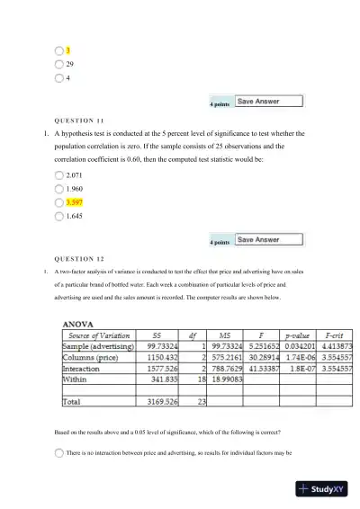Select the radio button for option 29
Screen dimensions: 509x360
tap(59, 64)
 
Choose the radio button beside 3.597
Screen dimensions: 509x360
tap(59, 203)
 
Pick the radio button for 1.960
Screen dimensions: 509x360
tap(59, 189)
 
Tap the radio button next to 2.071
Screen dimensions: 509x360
tap(59, 175)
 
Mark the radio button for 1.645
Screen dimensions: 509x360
tap(59, 217)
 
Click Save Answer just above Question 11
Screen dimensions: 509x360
tap(257, 102)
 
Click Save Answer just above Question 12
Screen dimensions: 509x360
tap(257, 240)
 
